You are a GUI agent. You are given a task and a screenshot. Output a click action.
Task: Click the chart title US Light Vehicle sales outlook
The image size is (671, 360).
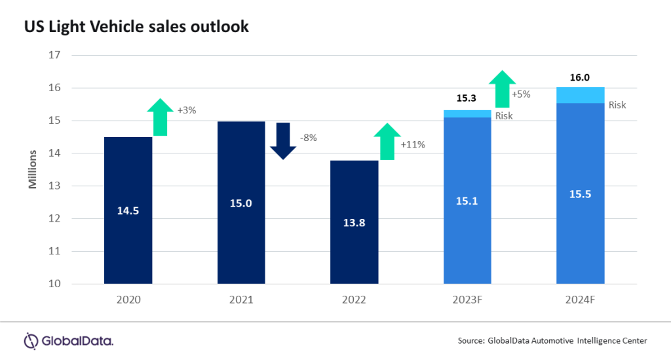(x=136, y=27)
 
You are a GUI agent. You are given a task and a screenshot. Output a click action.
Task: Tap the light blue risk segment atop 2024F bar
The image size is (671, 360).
(x=580, y=95)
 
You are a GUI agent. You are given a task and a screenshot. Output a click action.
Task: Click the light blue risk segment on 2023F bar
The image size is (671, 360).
(x=467, y=113)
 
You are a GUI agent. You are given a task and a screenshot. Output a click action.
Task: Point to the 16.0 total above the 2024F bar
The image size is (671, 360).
(x=580, y=77)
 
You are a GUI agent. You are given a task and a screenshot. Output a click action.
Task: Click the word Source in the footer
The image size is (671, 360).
(x=470, y=340)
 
